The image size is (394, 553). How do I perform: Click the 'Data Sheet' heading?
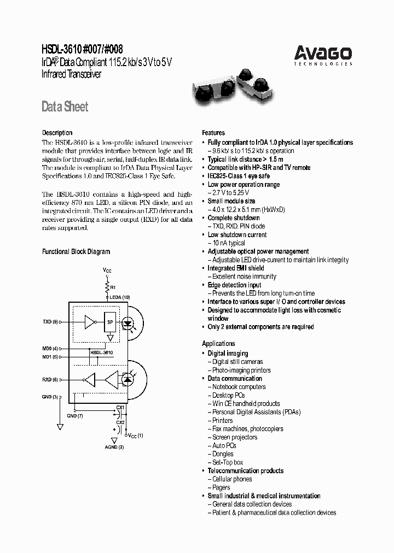(x=65, y=107)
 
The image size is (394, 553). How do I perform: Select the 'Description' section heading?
(x=57, y=133)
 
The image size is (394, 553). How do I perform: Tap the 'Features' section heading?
(x=213, y=133)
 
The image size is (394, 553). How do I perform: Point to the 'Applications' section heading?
(x=218, y=344)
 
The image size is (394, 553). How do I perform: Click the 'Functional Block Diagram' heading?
(x=76, y=252)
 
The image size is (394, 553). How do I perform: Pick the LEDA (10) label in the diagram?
(x=120, y=297)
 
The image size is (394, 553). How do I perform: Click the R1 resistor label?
(x=113, y=287)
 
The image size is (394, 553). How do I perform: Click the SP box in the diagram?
(x=110, y=322)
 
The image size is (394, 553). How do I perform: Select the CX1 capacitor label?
(x=120, y=408)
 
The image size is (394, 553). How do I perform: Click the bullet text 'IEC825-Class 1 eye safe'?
(x=239, y=176)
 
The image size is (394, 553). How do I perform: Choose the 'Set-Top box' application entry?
(x=228, y=462)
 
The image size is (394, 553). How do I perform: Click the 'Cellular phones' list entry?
(x=232, y=479)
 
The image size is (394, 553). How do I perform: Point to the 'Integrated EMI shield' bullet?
(x=235, y=268)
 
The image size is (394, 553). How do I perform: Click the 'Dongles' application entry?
(x=223, y=454)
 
